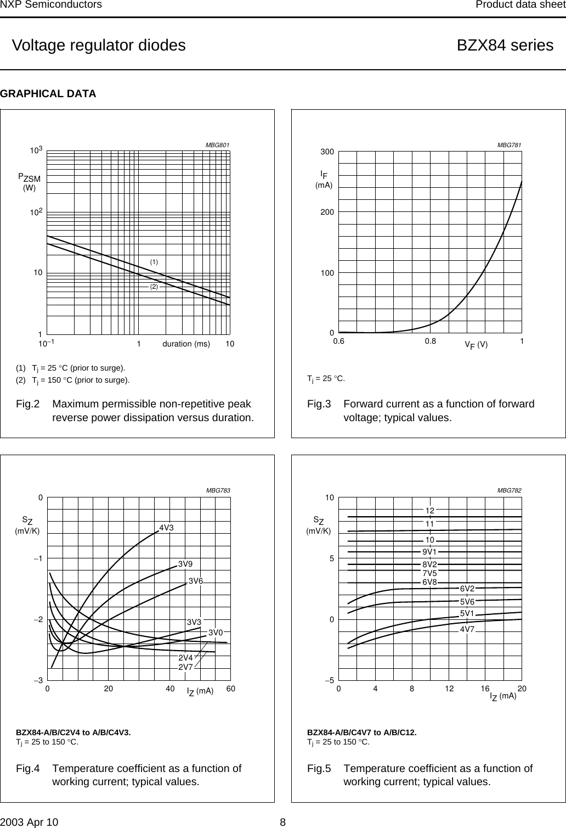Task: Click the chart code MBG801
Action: point(217,145)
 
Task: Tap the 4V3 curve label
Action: point(167,528)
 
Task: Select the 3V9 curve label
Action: point(185,564)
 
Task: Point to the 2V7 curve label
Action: point(186,667)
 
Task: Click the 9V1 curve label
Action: point(429,551)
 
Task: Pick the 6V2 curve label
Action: point(467,589)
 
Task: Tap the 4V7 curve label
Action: point(467,629)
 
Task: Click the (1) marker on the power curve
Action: point(154,262)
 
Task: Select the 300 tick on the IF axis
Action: point(327,152)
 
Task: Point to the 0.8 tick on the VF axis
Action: point(431,341)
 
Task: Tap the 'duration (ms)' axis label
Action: point(186,344)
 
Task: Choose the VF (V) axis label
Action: point(476,345)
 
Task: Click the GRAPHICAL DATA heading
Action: point(48,94)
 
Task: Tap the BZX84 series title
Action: point(505,45)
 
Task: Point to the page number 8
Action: point(283,822)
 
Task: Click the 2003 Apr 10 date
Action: point(29,822)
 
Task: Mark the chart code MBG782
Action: point(509,490)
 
